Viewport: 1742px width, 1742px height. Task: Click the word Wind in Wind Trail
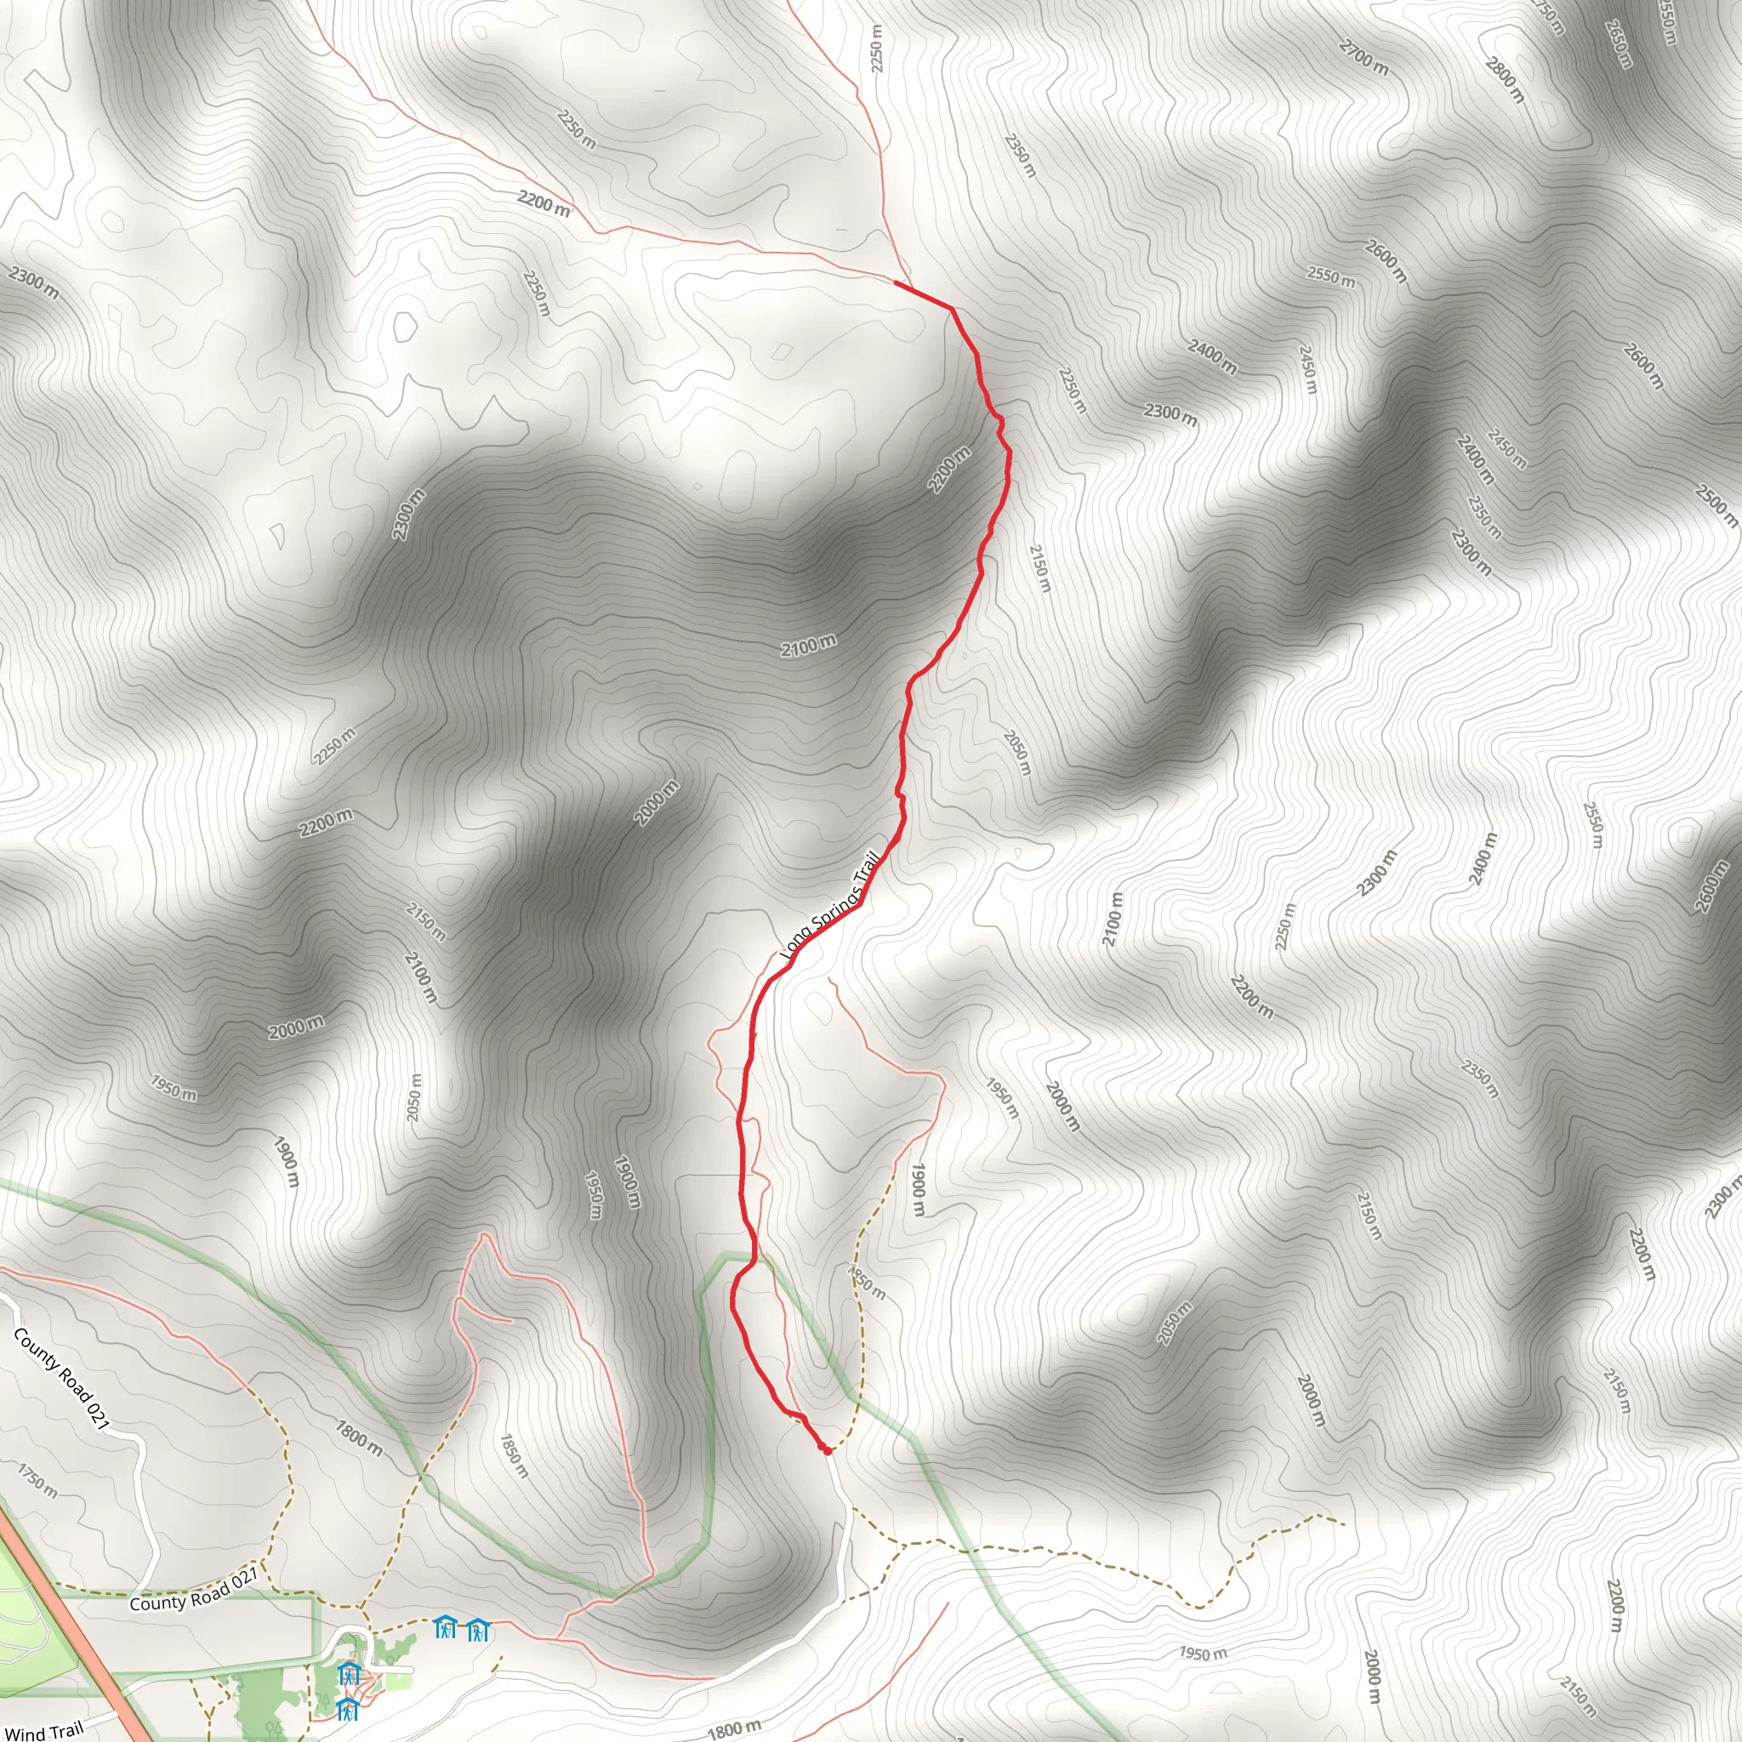(x=25, y=1732)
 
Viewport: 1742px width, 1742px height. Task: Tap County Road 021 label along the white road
(x=61, y=1379)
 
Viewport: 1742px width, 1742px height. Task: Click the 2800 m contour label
(x=1505, y=79)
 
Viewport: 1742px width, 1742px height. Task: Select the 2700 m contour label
(x=1363, y=58)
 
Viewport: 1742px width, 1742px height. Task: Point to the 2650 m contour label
(x=1619, y=43)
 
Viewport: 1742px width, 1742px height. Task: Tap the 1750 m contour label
(x=38, y=1481)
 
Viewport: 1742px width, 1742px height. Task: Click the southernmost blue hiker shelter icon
(x=347, y=1708)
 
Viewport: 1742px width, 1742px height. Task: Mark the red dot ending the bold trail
(x=827, y=1451)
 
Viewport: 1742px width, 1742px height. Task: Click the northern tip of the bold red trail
(x=896, y=282)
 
